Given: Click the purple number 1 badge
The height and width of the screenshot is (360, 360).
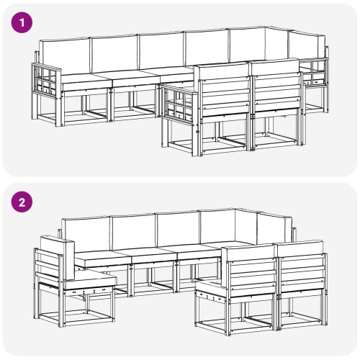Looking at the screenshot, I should point(23,22).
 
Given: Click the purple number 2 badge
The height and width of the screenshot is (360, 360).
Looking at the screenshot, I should point(23,202).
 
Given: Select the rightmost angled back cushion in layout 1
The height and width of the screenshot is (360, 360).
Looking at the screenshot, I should point(306,45).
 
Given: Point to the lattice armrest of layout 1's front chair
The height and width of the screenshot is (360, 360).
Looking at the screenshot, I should point(178,107).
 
